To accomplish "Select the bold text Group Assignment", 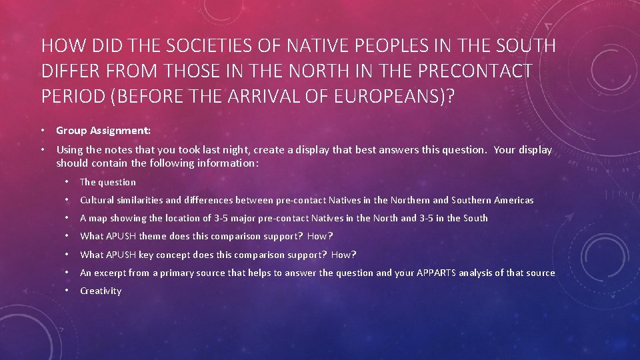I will (103, 131).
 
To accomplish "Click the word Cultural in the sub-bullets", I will (97, 200).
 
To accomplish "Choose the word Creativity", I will (101, 291).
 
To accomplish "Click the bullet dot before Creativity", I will (68, 291).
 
